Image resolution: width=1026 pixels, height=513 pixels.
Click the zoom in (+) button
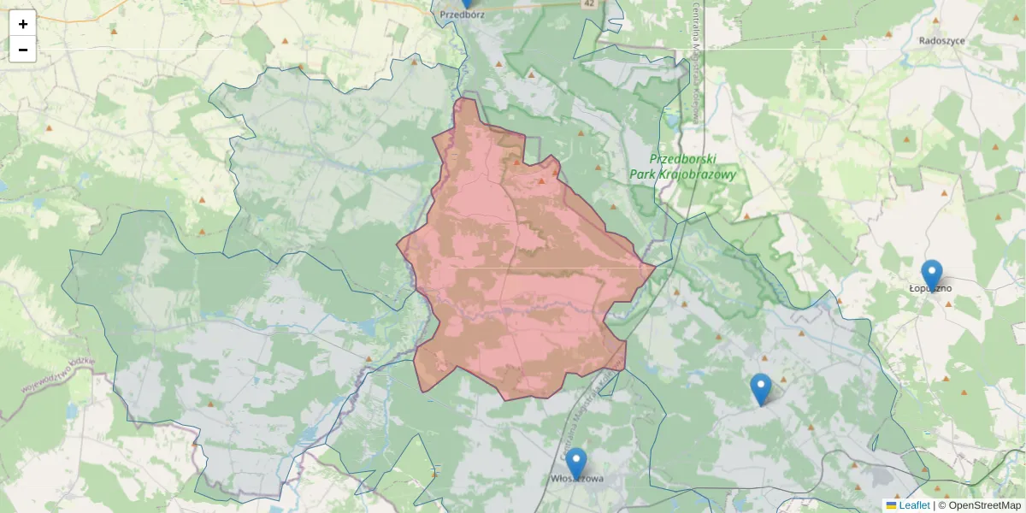(23, 24)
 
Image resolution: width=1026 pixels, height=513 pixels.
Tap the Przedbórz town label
(462, 15)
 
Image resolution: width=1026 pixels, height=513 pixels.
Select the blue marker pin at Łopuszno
(932, 274)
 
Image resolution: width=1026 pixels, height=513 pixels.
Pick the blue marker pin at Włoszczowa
(576, 463)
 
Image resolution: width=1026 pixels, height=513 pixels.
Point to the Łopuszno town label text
(930, 289)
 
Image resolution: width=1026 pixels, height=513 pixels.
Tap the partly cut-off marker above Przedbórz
(467, 3)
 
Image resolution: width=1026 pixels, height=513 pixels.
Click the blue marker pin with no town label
(760, 388)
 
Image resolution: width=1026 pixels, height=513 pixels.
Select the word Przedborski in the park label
(682, 159)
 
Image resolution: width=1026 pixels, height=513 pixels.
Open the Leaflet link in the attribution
(914, 505)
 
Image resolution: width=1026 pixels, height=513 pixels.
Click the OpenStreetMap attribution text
(984, 505)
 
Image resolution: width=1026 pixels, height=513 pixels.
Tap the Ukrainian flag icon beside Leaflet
(891, 505)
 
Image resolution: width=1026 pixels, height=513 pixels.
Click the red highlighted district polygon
(522, 274)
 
